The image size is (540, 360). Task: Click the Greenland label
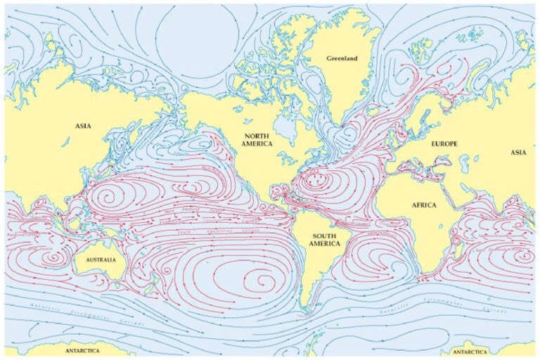(342, 58)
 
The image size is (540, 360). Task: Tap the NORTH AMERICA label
(258, 139)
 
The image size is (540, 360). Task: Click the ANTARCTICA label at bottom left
(82, 350)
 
